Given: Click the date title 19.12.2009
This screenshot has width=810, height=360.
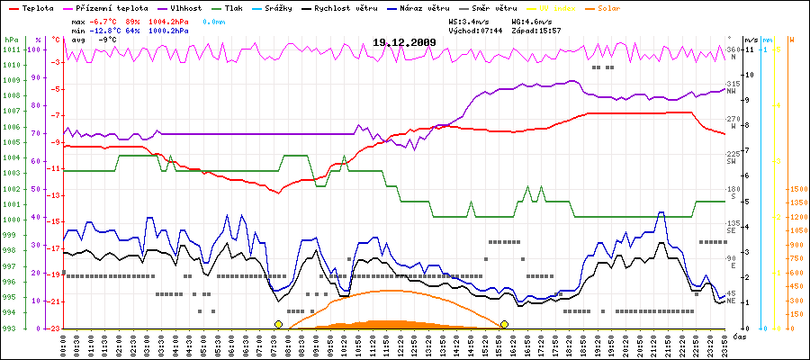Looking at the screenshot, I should pos(404,42).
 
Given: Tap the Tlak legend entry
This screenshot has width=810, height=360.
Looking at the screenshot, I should pos(245,6).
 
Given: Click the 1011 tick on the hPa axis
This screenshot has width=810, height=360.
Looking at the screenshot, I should pos(11,49).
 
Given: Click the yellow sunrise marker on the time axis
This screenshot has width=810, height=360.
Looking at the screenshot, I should pos(279,324).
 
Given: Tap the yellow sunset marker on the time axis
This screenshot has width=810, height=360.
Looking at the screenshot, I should pos(505,324).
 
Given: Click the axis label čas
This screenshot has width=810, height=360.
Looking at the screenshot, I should pos(738,336).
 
